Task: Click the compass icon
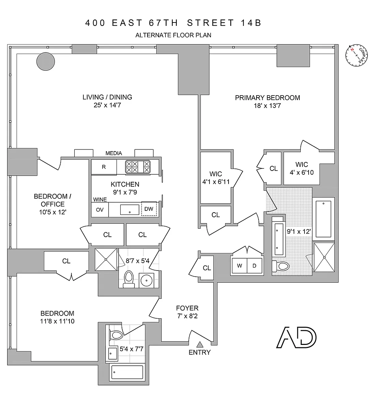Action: point(357,56)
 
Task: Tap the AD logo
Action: point(296,337)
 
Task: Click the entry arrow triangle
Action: point(199,344)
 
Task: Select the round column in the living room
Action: point(46,61)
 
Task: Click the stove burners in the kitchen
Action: point(138,167)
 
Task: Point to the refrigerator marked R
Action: point(104,167)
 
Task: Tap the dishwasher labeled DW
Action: point(149,209)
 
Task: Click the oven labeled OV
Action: point(100,210)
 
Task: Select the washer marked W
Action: point(239,266)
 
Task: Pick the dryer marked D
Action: point(254,266)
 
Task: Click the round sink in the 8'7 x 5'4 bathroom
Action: point(146,280)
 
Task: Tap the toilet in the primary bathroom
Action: point(281,266)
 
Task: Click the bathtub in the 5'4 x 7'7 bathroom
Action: point(127,372)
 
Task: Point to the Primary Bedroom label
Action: point(267,98)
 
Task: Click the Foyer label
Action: point(187,308)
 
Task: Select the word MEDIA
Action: point(113,153)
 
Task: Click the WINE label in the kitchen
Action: point(100,200)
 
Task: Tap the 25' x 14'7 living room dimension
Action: point(107,105)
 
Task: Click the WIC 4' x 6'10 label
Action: point(302,169)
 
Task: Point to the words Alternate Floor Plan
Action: point(173,35)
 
